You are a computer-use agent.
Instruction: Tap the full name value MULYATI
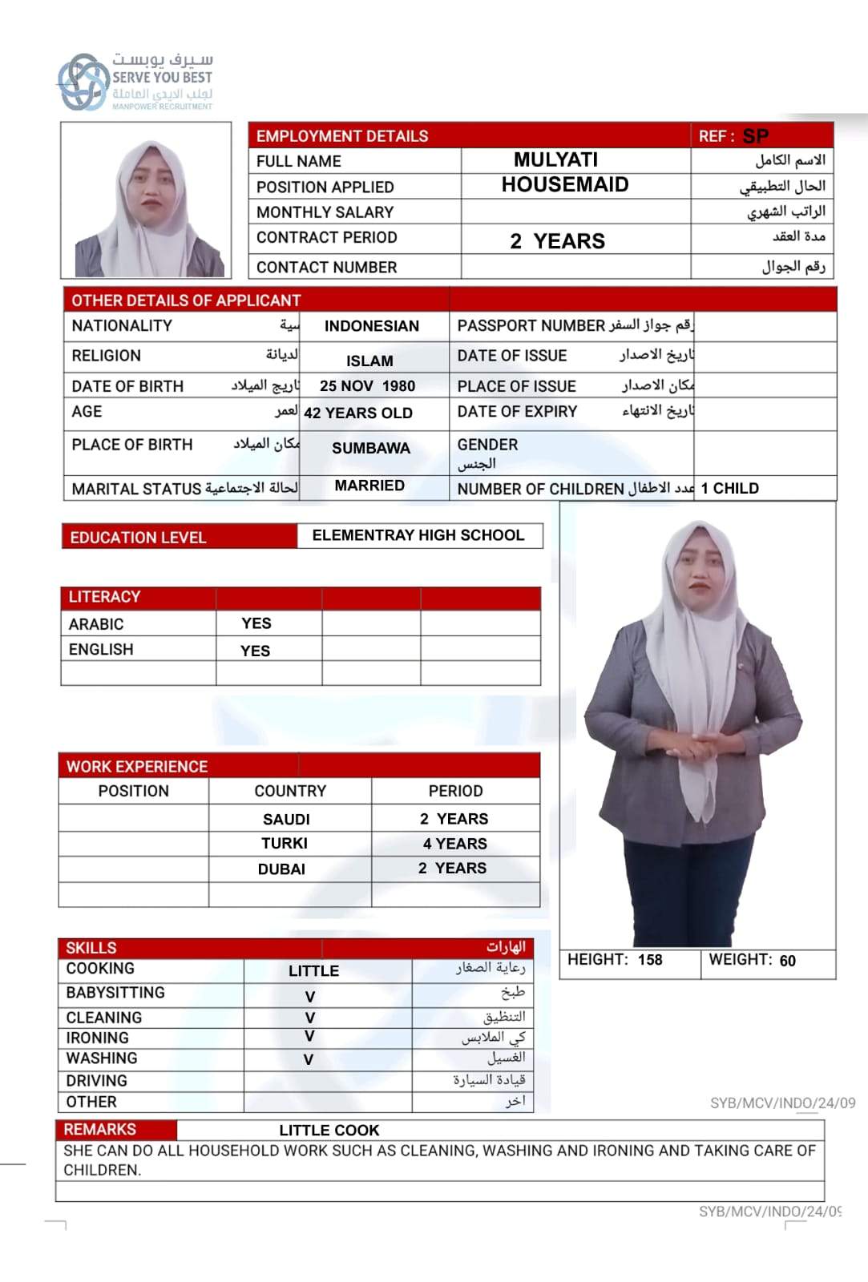[555, 159]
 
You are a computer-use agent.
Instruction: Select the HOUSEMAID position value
[564, 185]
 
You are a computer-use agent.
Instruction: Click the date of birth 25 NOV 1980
[367, 386]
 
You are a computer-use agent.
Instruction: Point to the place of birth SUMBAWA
[370, 448]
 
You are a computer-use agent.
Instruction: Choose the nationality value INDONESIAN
[371, 326]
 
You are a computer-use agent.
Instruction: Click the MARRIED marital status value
[369, 486]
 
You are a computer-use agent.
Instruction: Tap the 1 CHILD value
[729, 489]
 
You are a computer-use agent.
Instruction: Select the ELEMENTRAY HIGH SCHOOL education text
[418, 535]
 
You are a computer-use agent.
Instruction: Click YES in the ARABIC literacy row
[256, 623]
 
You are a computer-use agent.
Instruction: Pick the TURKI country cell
[285, 843]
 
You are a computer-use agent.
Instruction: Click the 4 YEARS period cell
[454, 844]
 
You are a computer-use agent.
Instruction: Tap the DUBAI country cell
[281, 869]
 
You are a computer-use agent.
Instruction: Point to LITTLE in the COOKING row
[313, 971]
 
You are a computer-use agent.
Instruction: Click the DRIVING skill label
[97, 1081]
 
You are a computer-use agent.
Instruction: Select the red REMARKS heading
[100, 1130]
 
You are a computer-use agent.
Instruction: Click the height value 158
[650, 960]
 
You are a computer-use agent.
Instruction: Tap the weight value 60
[787, 961]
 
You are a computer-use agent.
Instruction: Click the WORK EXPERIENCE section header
[137, 767]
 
